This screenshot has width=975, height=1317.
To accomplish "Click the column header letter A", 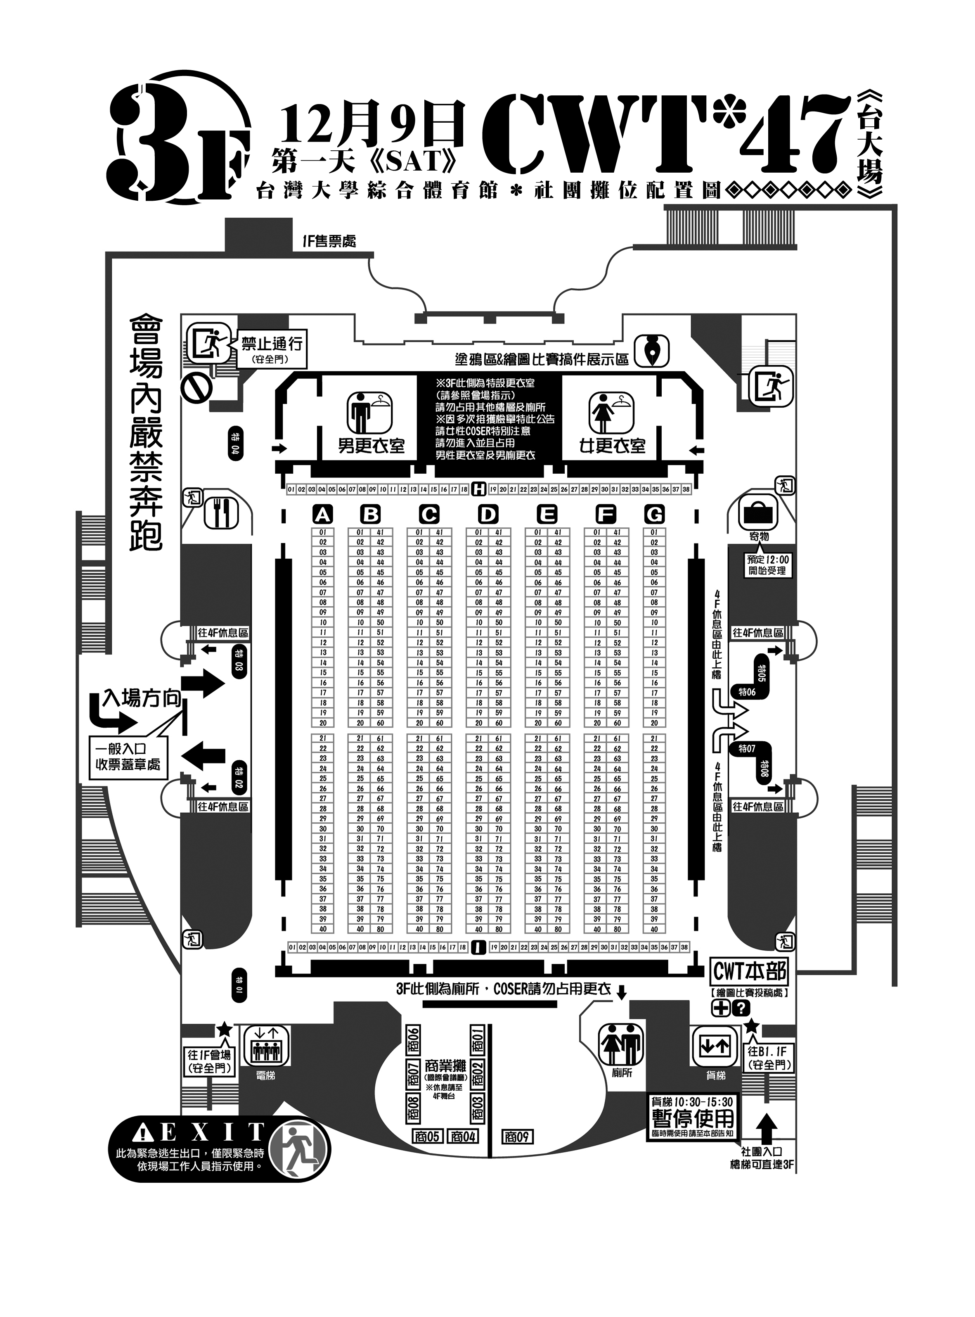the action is pyautogui.click(x=322, y=515).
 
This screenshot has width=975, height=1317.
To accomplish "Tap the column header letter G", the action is pyautogui.click(x=654, y=515).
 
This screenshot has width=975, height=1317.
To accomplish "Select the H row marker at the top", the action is pyautogui.click(x=479, y=489).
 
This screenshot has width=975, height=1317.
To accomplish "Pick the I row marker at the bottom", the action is pyautogui.click(x=479, y=947).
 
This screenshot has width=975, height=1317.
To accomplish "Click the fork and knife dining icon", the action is pyautogui.click(x=221, y=514).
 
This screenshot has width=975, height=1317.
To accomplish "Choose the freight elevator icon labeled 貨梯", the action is pyautogui.click(x=715, y=1046).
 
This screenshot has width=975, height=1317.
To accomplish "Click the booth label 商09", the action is pyautogui.click(x=517, y=1137).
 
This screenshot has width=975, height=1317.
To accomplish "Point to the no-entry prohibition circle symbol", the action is pyautogui.click(x=196, y=387).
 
